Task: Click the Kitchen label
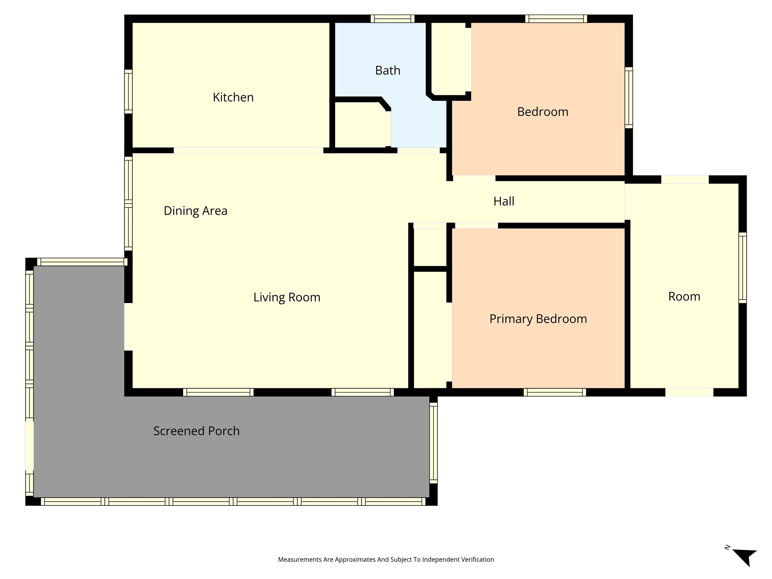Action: pos(233,97)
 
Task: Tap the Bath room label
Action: pos(388,70)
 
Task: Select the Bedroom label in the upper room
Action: pos(542,112)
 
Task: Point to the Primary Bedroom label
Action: pos(538,319)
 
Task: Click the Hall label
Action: pos(504,201)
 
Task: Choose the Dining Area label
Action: pos(195,211)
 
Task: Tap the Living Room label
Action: pos(286,297)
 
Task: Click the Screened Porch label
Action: pos(196,431)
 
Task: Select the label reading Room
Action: pos(684,297)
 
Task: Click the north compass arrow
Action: pos(745,557)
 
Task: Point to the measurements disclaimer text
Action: pos(386,559)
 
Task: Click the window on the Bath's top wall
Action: pos(392,19)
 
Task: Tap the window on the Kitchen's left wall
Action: pos(129,92)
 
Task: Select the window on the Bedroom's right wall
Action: pos(628,98)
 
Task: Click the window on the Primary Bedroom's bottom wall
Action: pos(554,392)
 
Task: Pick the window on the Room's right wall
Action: pos(742,268)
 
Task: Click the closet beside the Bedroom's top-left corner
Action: pos(448,58)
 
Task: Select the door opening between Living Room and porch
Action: pos(129,327)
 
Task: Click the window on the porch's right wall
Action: pos(433,443)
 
